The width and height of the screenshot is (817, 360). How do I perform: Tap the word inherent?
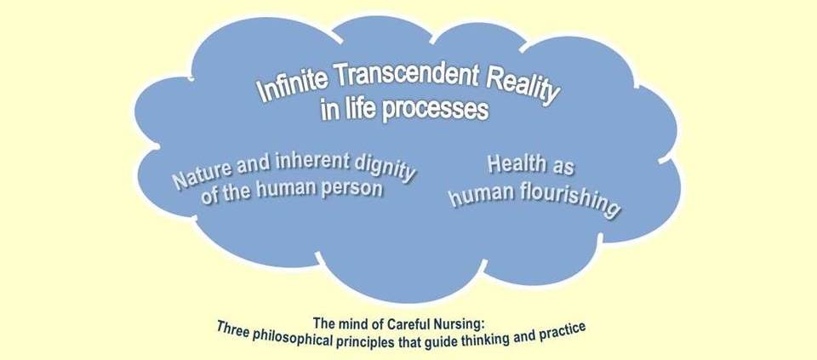click(x=305, y=163)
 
